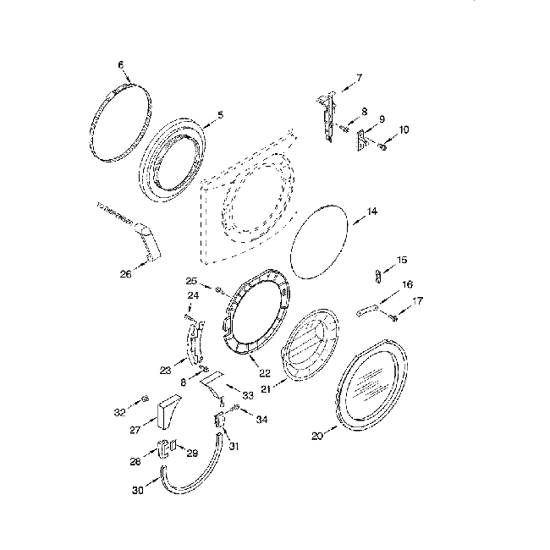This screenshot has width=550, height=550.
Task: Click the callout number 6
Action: click(x=120, y=64)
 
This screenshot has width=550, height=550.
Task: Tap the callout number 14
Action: click(x=372, y=212)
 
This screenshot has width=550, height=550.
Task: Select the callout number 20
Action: click(x=317, y=436)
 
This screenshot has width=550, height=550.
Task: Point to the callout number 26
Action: click(x=126, y=273)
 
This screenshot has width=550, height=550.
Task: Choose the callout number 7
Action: click(x=359, y=78)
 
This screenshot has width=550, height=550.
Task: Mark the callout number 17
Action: click(x=418, y=300)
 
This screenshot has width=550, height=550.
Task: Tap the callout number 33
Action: click(x=247, y=395)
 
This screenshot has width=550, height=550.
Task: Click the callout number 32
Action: click(x=118, y=412)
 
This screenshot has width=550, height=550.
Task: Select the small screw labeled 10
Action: click(x=381, y=148)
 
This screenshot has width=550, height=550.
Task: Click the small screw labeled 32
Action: click(x=145, y=398)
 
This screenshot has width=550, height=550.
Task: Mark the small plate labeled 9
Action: click(x=361, y=141)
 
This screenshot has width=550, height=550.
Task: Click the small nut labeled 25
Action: click(x=218, y=290)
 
